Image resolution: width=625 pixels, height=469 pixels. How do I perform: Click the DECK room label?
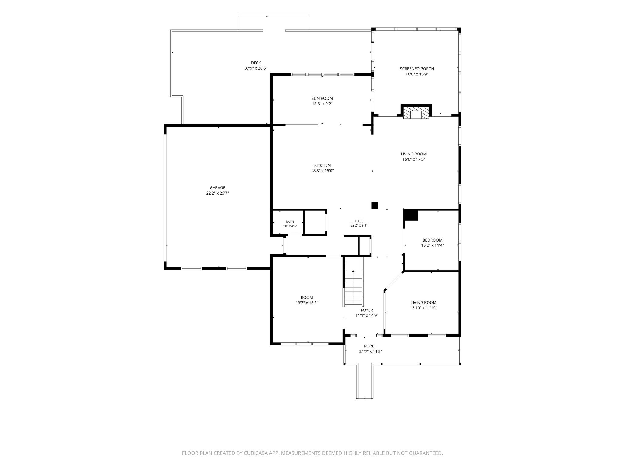pyautogui.click(x=256, y=63)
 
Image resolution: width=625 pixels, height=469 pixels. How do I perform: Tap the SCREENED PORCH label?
pyautogui.click(x=417, y=69)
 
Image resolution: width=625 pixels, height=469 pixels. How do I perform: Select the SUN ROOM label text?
pyautogui.click(x=322, y=98)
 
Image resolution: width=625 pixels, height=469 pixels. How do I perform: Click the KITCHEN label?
pyautogui.click(x=322, y=165)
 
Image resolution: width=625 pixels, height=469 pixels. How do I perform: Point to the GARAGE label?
pyautogui.click(x=217, y=188)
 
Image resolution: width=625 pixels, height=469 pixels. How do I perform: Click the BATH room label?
pyautogui.click(x=290, y=222)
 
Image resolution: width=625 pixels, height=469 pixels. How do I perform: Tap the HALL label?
pyautogui.click(x=359, y=221)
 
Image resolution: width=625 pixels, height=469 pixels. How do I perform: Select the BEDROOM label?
pyautogui.click(x=432, y=240)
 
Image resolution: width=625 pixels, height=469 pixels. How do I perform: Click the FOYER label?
pyautogui.click(x=367, y=310)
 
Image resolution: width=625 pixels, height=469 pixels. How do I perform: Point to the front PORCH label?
pyautogui.click(x=370, y=346)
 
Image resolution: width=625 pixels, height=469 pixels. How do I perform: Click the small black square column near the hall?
pyautogui.click(x=375, y=205)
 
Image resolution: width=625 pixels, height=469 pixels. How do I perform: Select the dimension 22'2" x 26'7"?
pyautogui.click(x=217, y=193)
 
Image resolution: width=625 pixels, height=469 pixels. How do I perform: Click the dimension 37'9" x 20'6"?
pyautogui.click(x=256, y=68)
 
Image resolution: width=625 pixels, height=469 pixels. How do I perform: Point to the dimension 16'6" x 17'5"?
pyautogui.click(x=414, y=159)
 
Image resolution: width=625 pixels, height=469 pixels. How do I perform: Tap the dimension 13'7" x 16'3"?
pyautogui.click(x=307, y=303)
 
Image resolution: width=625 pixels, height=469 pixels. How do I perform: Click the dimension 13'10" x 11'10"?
pyautogui.click(x=423, y=308)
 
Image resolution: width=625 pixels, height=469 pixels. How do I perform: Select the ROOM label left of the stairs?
pyautogui.click(x=307, y=297)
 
